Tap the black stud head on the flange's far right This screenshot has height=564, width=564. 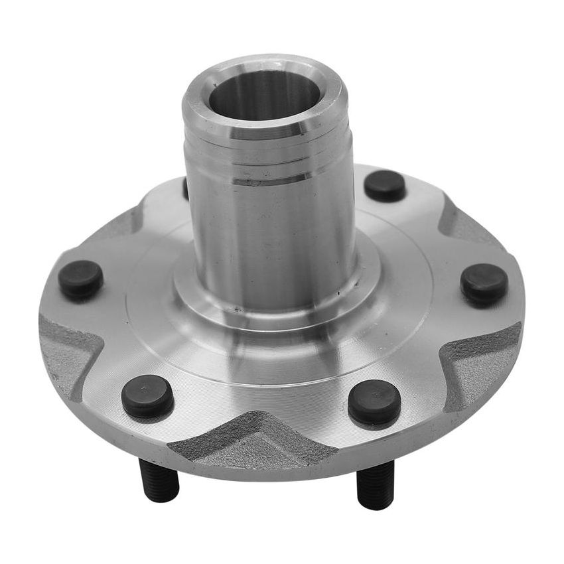click(484, 284)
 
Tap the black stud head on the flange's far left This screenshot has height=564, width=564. click(80, 279)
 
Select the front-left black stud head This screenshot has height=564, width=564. click(147, 396)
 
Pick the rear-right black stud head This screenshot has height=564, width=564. click(385, 186)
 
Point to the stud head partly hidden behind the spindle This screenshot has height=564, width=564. click(185, 189)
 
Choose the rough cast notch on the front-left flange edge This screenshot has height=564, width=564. click(66, 352)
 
